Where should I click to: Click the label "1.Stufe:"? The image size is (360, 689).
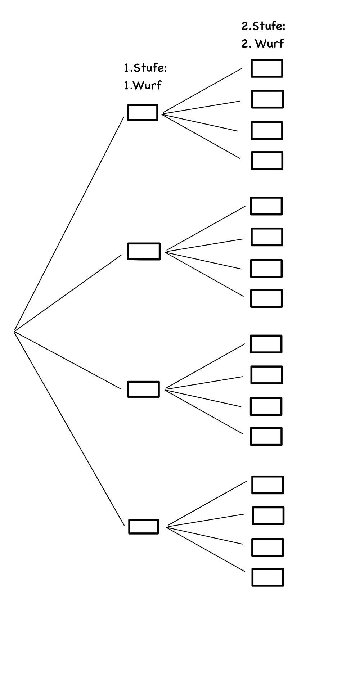pos(145,68)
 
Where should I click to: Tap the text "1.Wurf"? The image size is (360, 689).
pos(143,85)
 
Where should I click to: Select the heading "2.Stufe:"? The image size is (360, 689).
pos(264,26)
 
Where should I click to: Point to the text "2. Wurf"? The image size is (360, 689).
pos(263,44)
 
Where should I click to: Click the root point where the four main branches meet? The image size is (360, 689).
pos(14,330)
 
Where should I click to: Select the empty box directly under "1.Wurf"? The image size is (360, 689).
pos(143,112)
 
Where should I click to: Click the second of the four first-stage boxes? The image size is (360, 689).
pos(144,251)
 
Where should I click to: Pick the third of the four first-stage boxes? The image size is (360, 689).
pos(143,389)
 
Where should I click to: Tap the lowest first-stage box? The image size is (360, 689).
pos(143,527)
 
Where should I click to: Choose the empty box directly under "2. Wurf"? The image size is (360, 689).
pos(267,68)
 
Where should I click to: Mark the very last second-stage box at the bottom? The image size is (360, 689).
pos(267,577)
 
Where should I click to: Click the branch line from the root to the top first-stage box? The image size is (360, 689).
pos(69,223)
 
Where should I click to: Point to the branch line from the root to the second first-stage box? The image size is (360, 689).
pos(68,293)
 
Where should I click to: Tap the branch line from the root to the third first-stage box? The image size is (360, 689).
pos(68,360)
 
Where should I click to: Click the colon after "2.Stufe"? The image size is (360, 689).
pos(283,27)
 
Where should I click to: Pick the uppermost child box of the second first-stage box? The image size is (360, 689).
pos(266,206)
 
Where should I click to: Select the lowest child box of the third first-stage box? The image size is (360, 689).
pos(266,436)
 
